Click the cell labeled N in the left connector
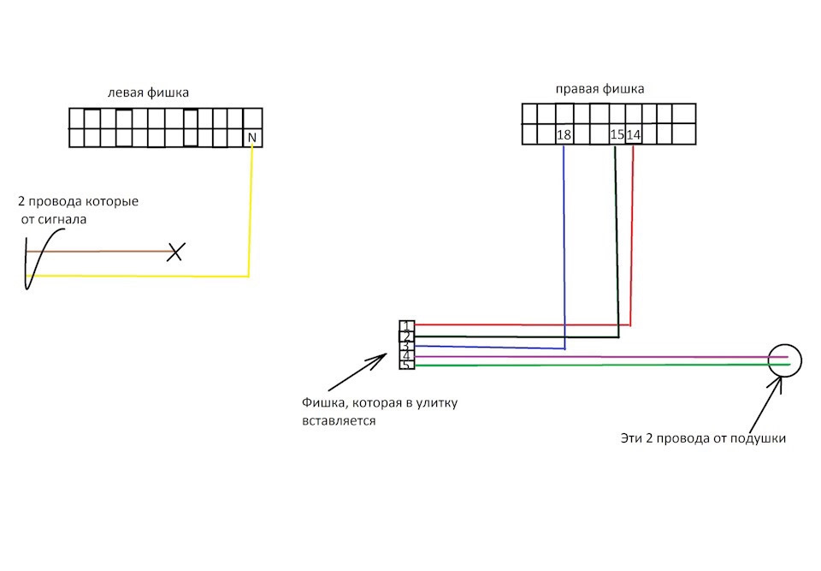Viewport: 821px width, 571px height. tap(251, 137)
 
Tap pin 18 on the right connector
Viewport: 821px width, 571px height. tap(564, 134)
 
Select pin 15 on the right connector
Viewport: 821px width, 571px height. tap(617, 134)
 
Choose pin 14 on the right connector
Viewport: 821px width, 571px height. tap(634, 134)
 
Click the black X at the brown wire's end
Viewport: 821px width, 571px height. tap(176, 252)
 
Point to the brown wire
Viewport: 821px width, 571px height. tap(99, 252)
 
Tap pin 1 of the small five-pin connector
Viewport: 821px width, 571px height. tap(407, 326)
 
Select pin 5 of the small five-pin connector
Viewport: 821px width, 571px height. tap(407, 365)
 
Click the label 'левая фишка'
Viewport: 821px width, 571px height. tap(148, 92)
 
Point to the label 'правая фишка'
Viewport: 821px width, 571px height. tap(600, 89)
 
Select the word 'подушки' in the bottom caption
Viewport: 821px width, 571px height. tap(759, 438)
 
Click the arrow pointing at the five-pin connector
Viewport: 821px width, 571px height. tap(357, 372)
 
